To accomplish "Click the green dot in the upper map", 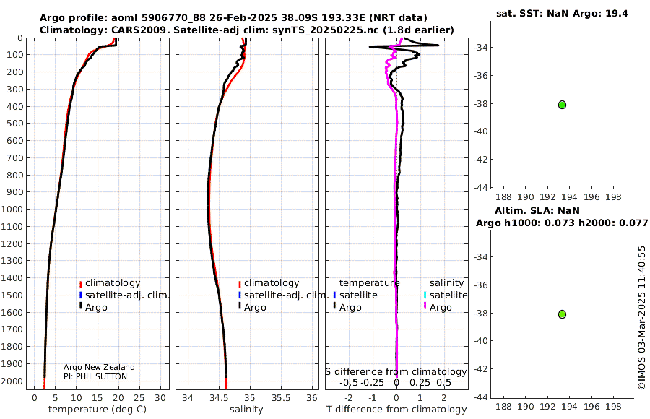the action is tap(562, 105).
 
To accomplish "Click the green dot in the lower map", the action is tap(562, 314).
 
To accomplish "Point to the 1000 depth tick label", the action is tap(12, 209).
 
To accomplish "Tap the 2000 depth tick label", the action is tap(12, 381).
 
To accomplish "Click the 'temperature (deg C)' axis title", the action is tap(97, 410).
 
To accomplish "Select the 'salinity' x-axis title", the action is tap(246, 410).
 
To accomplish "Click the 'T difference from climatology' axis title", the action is tap(396, 410).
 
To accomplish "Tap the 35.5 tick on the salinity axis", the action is tap(281, 398).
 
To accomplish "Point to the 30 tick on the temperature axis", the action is tap(160, 398).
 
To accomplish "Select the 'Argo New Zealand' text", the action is tap(99, 367).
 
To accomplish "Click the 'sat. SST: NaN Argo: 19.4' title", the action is tap(562, 13).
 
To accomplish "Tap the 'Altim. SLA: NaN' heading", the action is tap(537, 211).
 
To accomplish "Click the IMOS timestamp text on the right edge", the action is tap(642, 318).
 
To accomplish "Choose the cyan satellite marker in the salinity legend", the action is tap(425, 295).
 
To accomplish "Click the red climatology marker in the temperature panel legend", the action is tap(80, 284).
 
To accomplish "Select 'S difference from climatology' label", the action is tap(396, 372).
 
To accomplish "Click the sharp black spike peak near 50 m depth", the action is tap(438, 46).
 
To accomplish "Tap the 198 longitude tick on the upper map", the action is tap(613, 197).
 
